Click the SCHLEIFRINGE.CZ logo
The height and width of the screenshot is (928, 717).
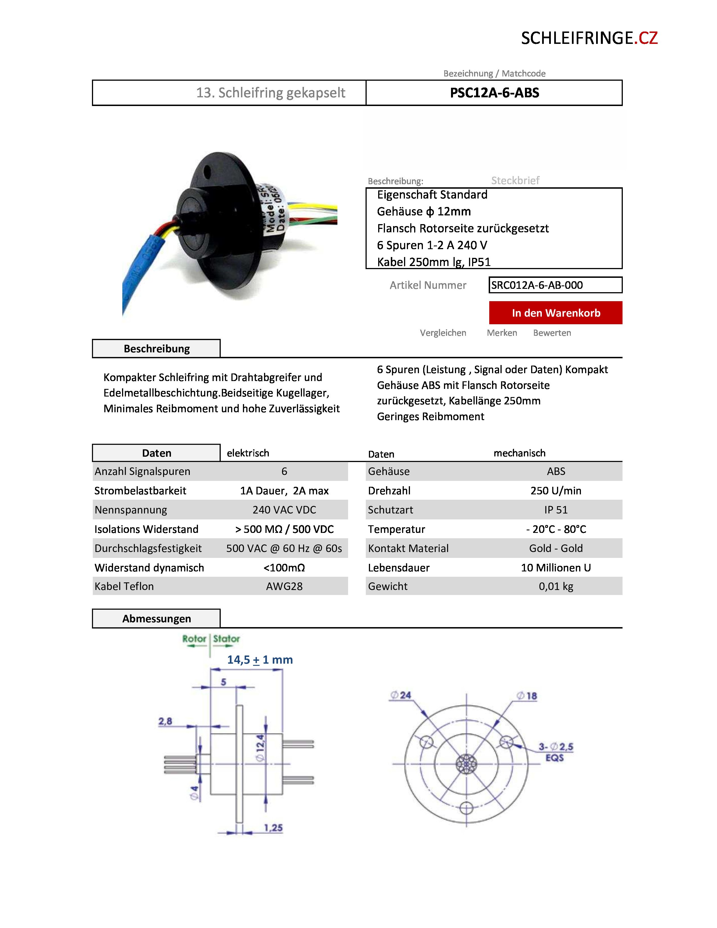[x=589, y=38]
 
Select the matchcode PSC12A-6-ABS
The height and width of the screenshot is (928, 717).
[x=494, y=93]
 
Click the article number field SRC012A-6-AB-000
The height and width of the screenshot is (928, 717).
[x=555, y=285]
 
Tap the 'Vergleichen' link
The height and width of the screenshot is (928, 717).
[x=443, y=333]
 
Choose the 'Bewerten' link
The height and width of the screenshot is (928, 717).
[x=552, y=333]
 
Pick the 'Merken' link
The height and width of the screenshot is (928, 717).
[x=502, y=333]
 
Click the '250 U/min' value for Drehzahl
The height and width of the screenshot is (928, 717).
[x=556, y=491]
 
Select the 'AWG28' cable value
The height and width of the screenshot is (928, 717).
[x=284, y=586]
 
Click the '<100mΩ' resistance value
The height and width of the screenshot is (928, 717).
[x=284, y=568]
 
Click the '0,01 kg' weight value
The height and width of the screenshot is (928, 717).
[x=556, y=586]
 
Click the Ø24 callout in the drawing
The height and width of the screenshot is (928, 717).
[x=401, y=695]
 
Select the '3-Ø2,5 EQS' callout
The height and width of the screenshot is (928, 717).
[x=556, y=752]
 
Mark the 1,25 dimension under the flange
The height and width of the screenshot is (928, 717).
[x=273, y=827]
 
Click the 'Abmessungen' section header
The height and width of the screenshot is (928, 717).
[x=156, y=619]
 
